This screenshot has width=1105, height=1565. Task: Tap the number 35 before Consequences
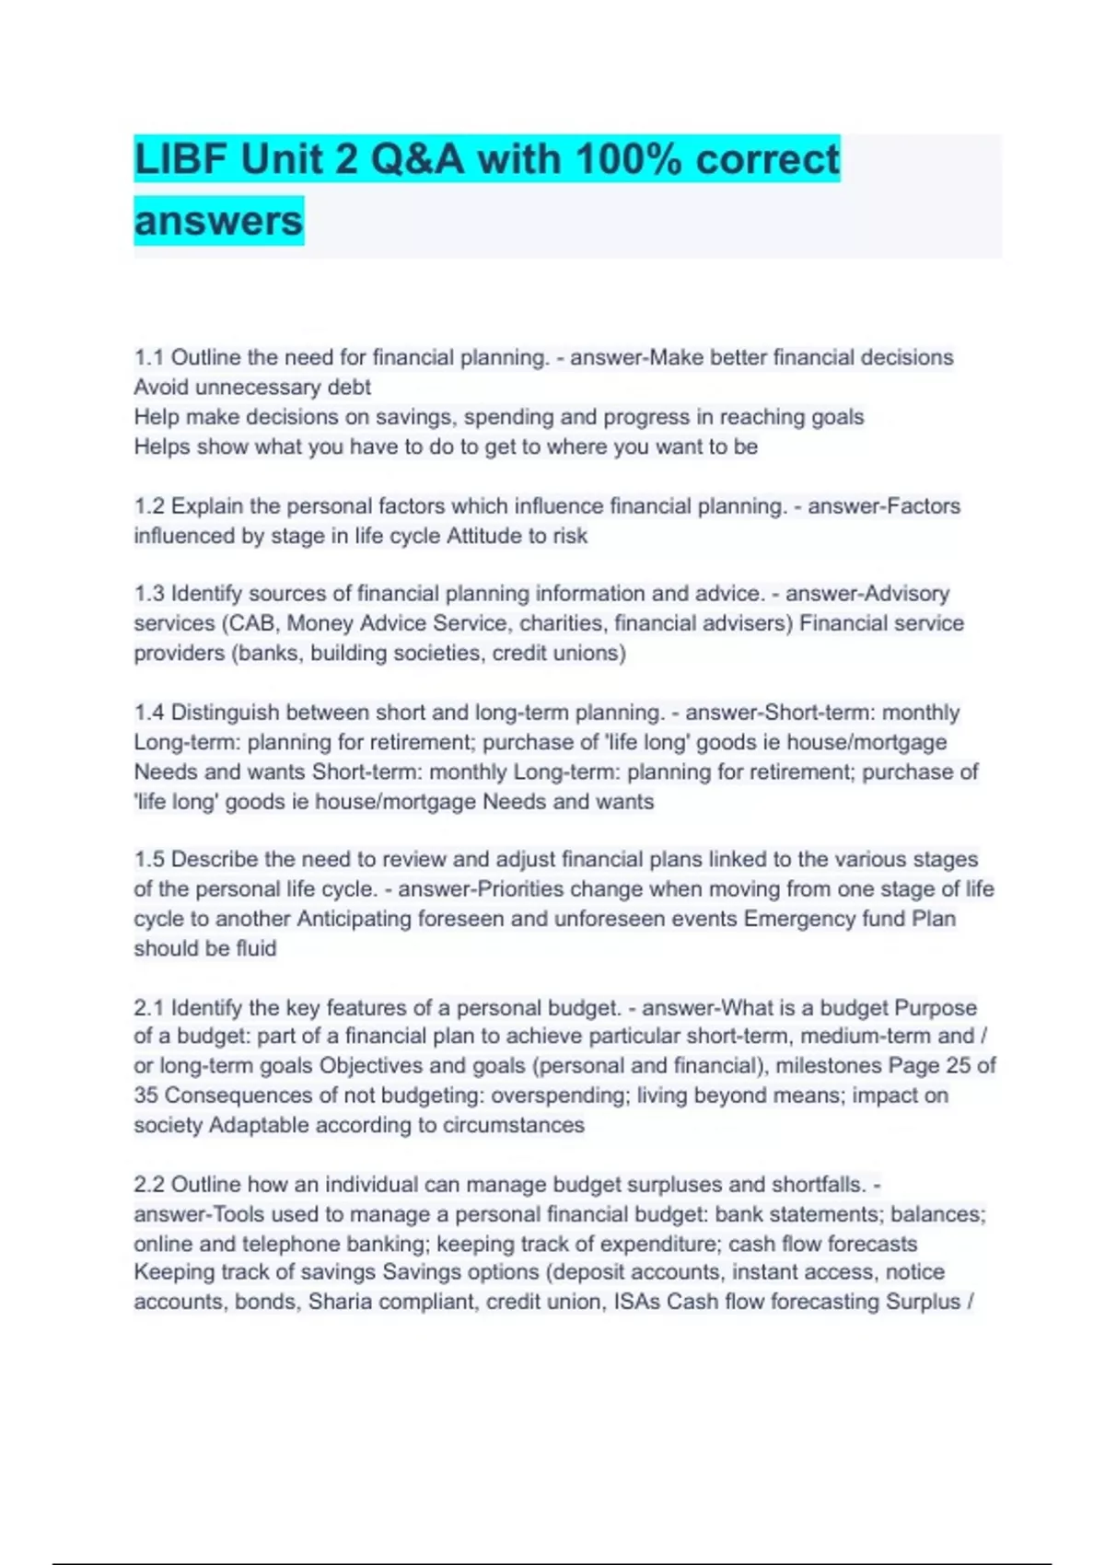(x=145, y=1095)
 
